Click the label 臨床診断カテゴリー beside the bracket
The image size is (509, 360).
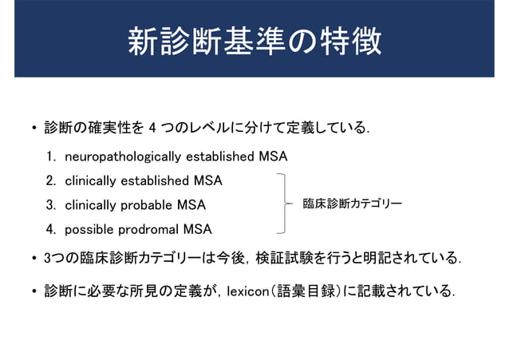point(352,204)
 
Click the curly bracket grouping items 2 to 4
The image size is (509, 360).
point(282,204)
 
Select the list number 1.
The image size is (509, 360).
point(50,156)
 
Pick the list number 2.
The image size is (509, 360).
point(50,180)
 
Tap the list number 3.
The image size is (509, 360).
point(50,205)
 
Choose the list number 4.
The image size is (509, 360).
point(50,230)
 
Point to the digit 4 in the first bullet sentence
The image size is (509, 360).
point(152,128)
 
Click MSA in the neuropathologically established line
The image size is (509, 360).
point(273,156)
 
